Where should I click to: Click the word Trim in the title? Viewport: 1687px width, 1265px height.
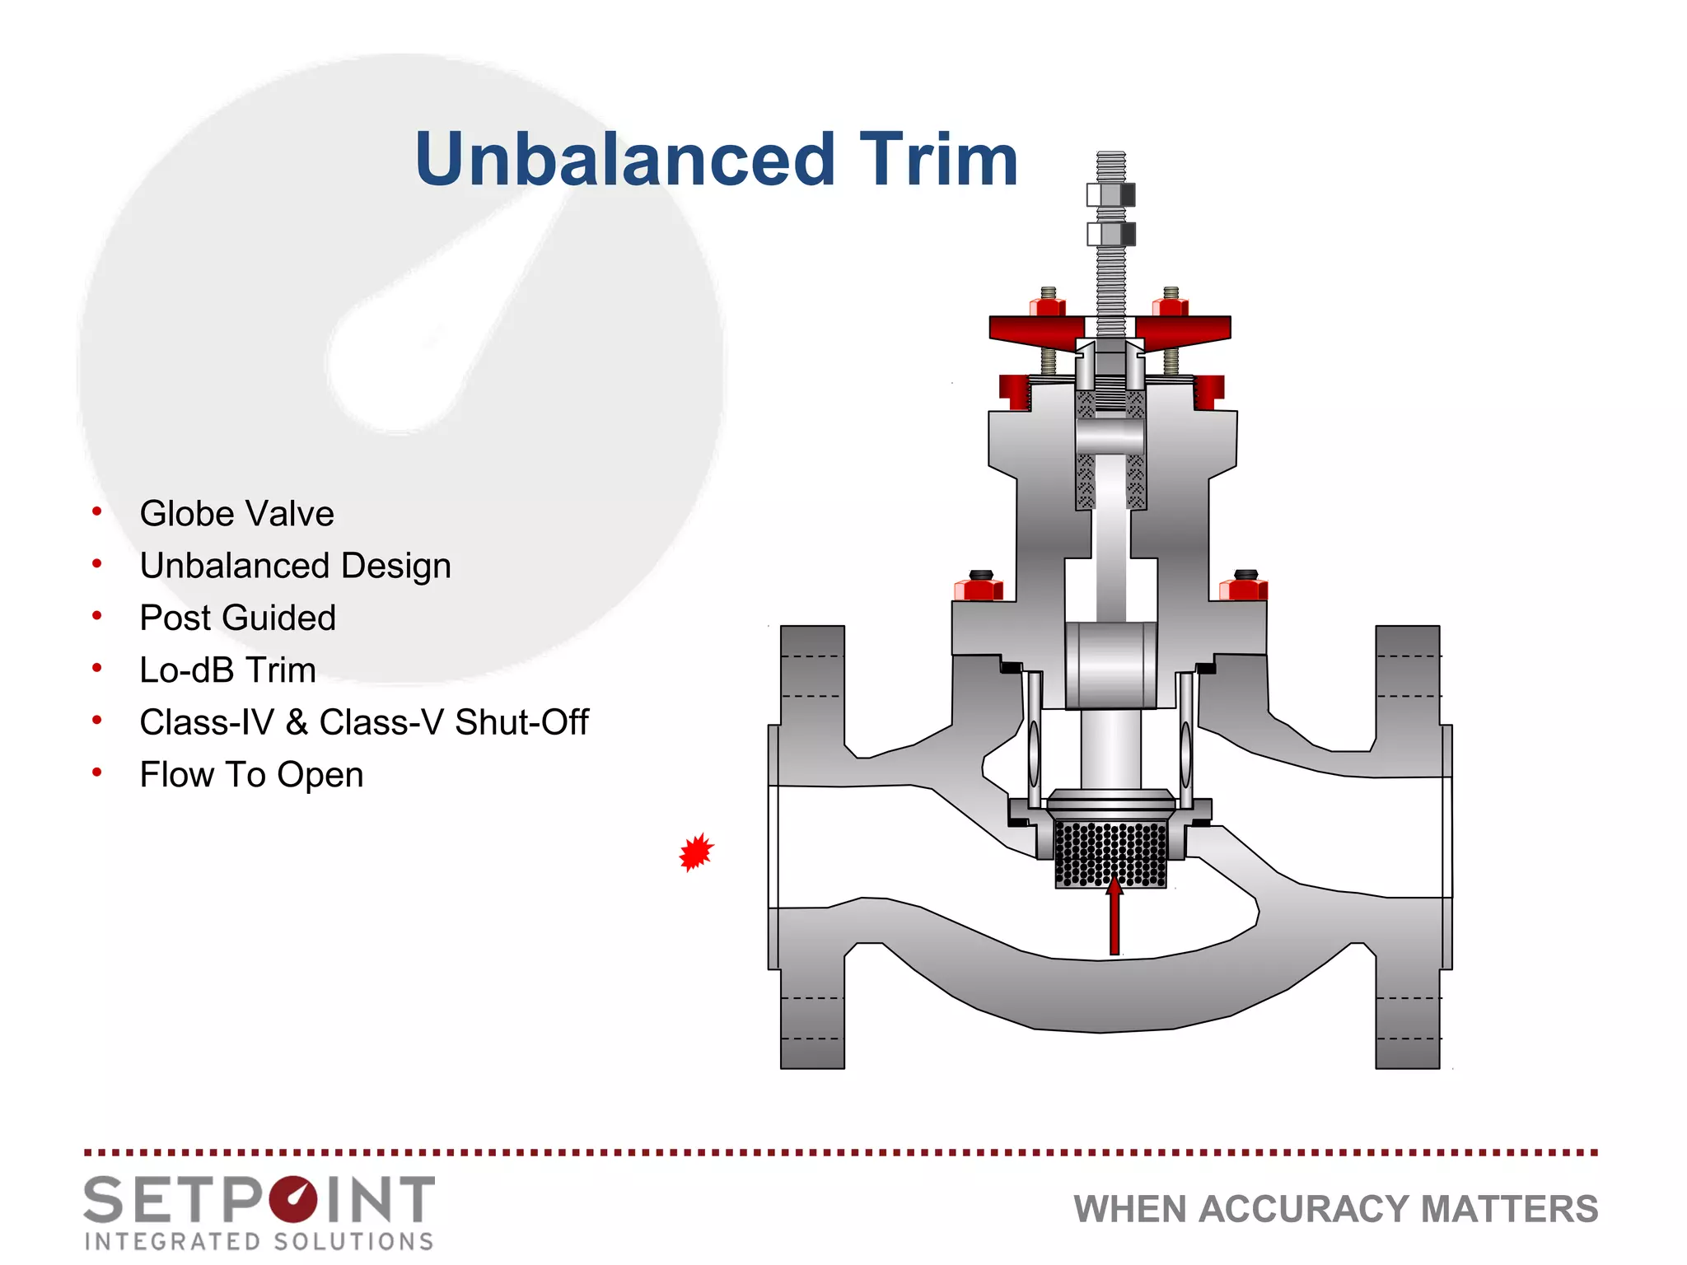pos(938,160)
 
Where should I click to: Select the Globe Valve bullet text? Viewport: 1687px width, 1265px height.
pos(236,514)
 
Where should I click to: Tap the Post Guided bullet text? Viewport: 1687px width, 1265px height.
pos(237,618)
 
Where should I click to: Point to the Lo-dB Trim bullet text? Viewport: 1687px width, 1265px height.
pos(227,670)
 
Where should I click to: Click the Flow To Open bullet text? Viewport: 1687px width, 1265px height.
pos(251,775)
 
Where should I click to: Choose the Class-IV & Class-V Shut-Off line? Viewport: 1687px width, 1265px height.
pos(363,722)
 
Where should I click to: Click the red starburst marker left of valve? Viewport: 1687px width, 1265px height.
pos(696,852)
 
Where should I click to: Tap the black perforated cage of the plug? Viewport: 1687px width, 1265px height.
pos(1110,854)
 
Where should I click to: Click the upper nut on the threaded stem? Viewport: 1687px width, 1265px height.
pos(1110,195)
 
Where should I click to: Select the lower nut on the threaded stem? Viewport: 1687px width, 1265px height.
pos(1110,235)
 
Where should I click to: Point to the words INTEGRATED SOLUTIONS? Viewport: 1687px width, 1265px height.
pos(259,1241)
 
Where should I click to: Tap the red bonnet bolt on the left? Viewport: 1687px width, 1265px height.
pos(979,589)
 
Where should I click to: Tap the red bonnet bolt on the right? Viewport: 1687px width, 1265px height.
pos(1243,589)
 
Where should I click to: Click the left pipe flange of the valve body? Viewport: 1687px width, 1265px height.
pos(812,848)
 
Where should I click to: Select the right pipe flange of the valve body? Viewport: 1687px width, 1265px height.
pos(1408,848)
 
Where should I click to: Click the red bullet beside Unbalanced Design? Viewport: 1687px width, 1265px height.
pos(97,564)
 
